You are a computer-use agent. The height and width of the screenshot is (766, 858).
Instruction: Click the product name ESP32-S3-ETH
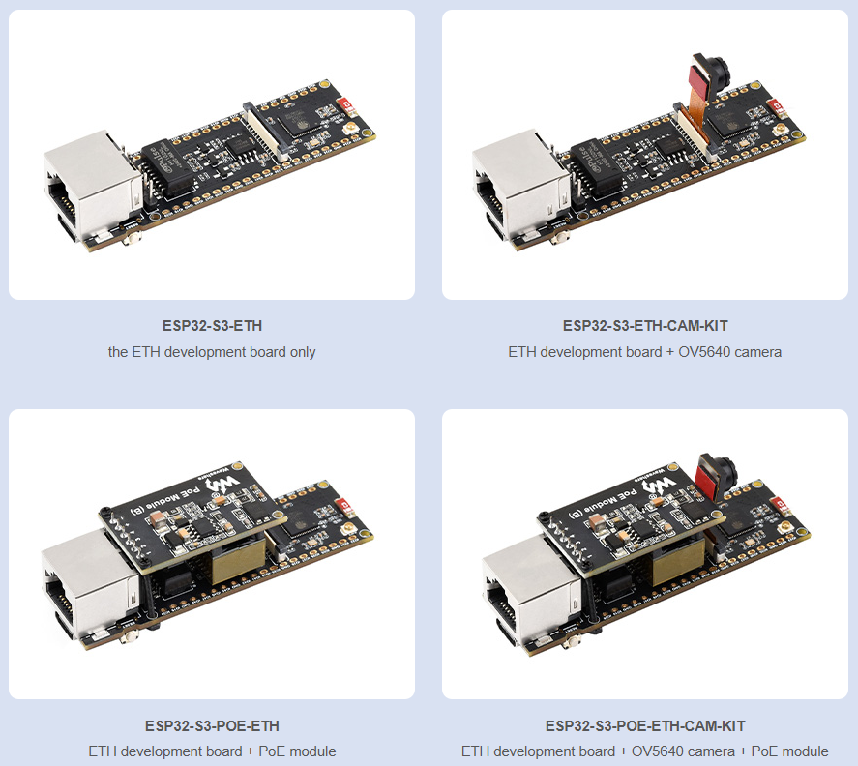[x=212, y=326]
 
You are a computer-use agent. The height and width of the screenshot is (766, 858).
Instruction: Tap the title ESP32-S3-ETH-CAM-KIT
[x=645, y=326]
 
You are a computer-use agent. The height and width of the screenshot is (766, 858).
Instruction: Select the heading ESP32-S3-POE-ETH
[x=212, y=726]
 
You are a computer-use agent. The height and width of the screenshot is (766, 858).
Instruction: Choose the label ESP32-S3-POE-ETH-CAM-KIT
[x=645, y=726]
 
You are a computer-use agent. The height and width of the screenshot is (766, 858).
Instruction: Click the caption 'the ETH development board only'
[x=212, y=352]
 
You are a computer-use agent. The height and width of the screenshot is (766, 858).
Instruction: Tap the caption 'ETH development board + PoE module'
[x=212, y=751]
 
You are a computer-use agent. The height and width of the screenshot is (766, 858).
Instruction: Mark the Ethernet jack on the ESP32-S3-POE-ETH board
[x=90, y=585]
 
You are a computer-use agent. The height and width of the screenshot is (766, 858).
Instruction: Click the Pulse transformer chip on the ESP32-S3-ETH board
[x=167, y=167]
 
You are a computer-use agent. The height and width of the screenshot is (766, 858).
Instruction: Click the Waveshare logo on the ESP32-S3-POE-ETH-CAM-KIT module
[x=660, y=486]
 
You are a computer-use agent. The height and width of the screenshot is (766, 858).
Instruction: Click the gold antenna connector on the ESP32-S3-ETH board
[x=348, y=130]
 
